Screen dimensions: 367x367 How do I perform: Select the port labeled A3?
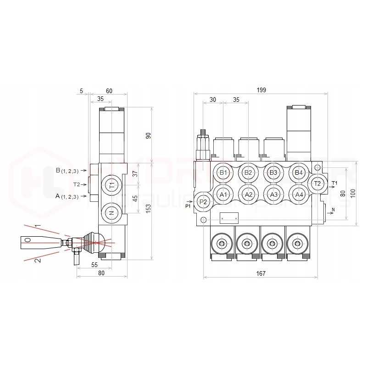click(274, 195)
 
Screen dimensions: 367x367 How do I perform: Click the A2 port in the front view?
click(249, 195)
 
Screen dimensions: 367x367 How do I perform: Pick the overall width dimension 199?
click(261, 90)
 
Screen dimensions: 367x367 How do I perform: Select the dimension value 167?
click(261, 273)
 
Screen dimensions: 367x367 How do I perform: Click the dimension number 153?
click(148, 207)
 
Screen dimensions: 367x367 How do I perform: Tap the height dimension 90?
click(148, 136)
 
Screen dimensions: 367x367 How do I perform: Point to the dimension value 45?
click(135, 199)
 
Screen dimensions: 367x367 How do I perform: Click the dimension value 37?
click(135, 173)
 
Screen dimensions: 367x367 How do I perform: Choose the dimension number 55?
click(95, 265)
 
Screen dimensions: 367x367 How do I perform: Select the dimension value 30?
click(213, 100)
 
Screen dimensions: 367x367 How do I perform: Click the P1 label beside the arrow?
click(188, 207)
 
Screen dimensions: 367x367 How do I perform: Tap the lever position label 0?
click(28, 240)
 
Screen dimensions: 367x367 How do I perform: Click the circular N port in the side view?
click(111, 212)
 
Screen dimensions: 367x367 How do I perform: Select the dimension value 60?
click(109, 91)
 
